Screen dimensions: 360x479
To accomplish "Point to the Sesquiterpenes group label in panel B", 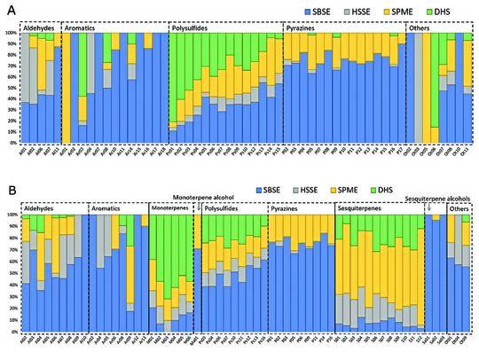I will (x=360, y=207).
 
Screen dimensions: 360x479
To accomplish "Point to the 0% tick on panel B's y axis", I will (x=13, y=327).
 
